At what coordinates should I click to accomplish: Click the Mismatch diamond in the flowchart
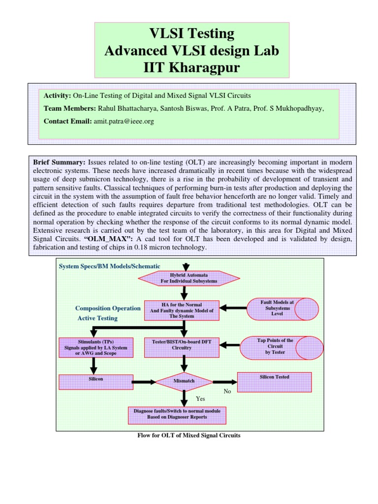point(184,381)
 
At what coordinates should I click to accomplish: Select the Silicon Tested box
point(274,381)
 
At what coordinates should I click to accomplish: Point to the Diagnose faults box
point(177,413)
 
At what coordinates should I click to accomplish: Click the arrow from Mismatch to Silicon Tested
point(224,381)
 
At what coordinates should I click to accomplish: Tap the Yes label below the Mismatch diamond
point(200,399)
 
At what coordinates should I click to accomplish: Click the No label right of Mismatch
point(227,392)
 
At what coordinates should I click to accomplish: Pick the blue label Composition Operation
point(108,309)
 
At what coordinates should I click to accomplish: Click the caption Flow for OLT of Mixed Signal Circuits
point(189,436)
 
